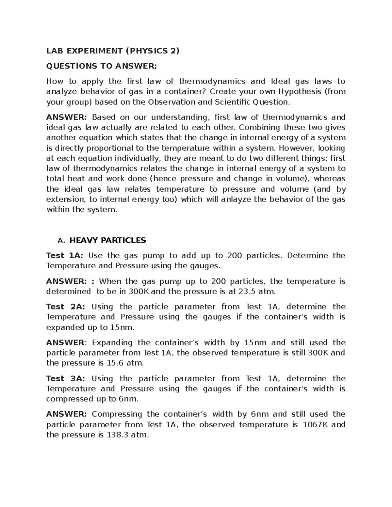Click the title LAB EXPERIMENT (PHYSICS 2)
tap(113, 51)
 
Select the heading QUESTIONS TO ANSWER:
tap(102, 66)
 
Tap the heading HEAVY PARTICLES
tap(108, 240)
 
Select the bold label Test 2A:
tap(66, 307)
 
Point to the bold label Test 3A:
tap(66, 378)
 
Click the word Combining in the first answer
tap(260, 127)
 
